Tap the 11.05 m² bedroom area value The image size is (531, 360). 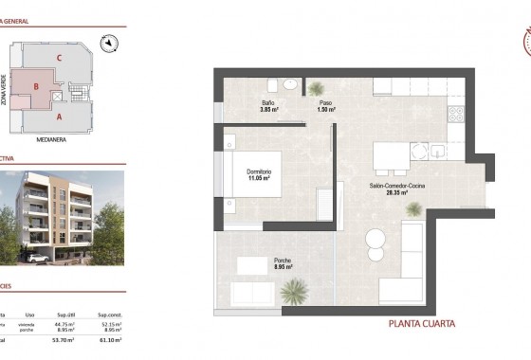pyautogui.click(x=260, y=177)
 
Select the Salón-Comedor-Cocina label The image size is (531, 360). pyautogui.click(x=397, y=186)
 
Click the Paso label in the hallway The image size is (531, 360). pyautogui.click(x=325, y=103)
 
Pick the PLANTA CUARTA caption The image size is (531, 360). pyautogui.click(x=422, y=324)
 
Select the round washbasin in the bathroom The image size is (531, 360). pyautogui.click(x=292, y=84)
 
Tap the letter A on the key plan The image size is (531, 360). pyautogui.click(x=60, y=117)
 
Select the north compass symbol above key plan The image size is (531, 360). pyautogui.click(x=110, y=41)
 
